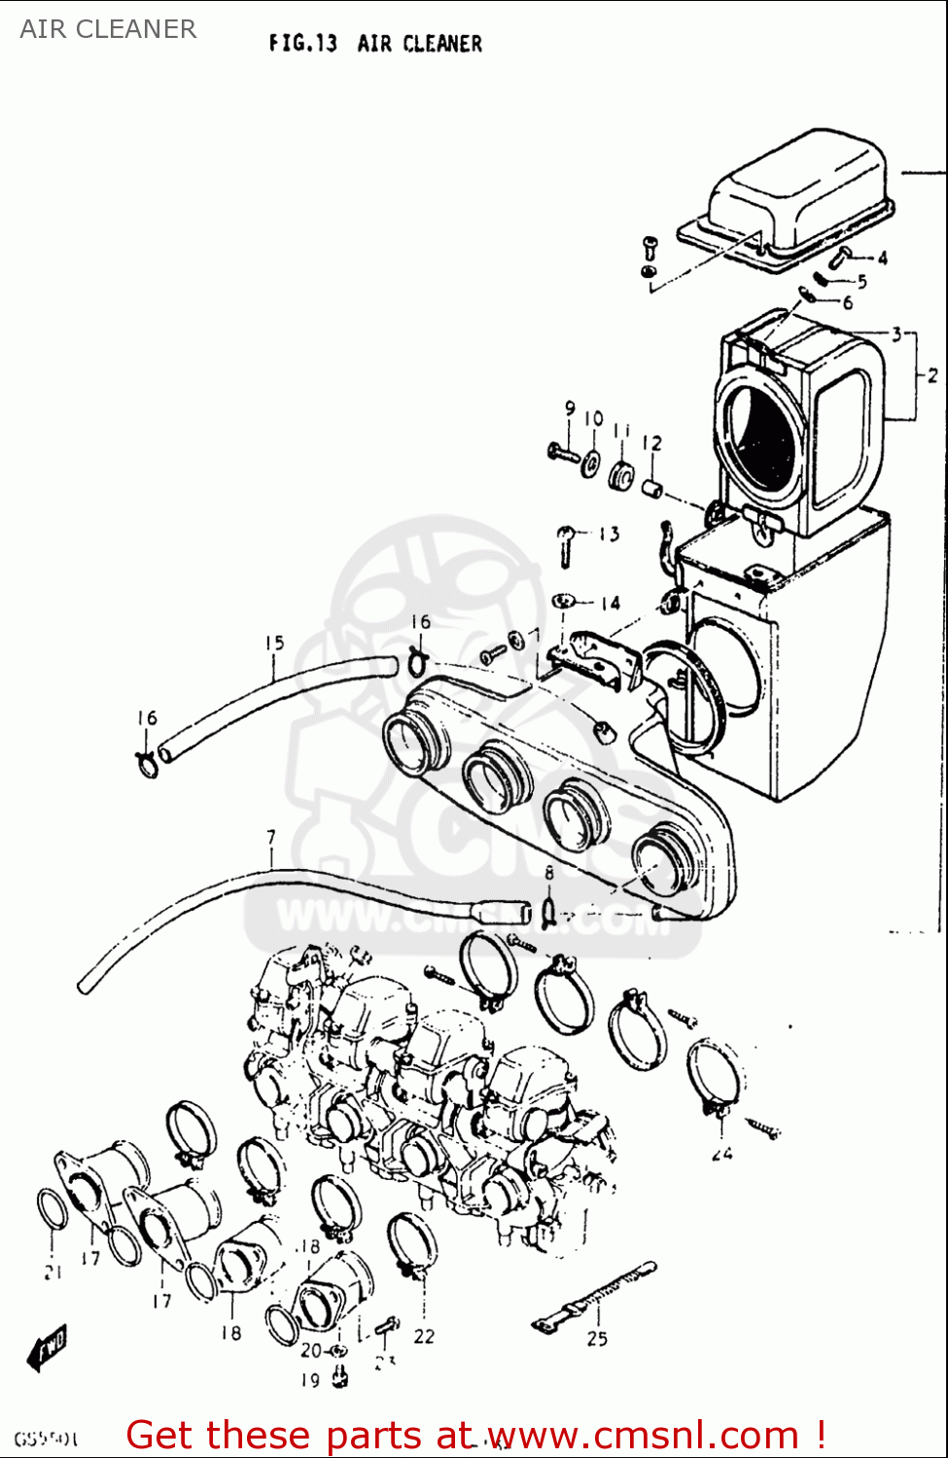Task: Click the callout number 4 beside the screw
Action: coord(882,259)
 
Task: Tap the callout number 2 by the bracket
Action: coord(931,375)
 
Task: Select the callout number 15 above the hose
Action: coord(274,643)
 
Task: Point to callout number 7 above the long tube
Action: coord(271,837)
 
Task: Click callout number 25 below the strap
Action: coord(597,1338)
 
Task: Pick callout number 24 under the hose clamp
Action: coord(721,1154)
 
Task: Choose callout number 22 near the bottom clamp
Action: coord(424,1336)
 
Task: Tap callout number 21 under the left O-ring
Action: coord(53,1271)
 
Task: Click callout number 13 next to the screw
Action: coord(609,534)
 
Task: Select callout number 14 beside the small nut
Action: coord(610,604)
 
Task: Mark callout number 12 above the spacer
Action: coord(651,443)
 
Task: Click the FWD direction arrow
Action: coord(48,1347)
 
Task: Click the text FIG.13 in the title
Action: coord(302,44)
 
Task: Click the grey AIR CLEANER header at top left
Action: coord(108,29)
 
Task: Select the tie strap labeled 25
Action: coord(595,1297)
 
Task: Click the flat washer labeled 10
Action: coord(590,463)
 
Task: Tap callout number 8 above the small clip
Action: coord(549,873)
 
